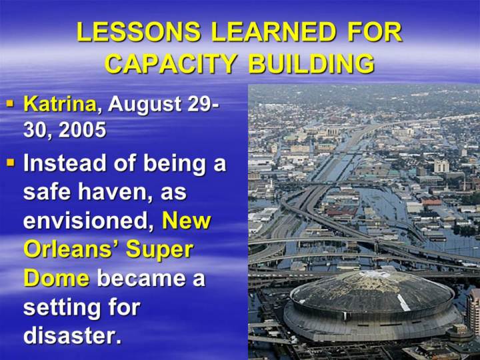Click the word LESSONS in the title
click(x=139, y=32)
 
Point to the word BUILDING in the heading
click(x=311, y=64)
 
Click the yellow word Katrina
click(x=61, y=104)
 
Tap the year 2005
click(x=82, y=130)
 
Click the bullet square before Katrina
click(x=11, y=103)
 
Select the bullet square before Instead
click(x=11, y=162)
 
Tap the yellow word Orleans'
click(x=71, y=249)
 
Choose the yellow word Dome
click(x=57, y=279)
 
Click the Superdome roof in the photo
click(x=371, y=290)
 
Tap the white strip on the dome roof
click(x=403, y=302)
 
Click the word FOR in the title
click(x=375, y=32)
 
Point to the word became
click(x=141, y=278)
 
